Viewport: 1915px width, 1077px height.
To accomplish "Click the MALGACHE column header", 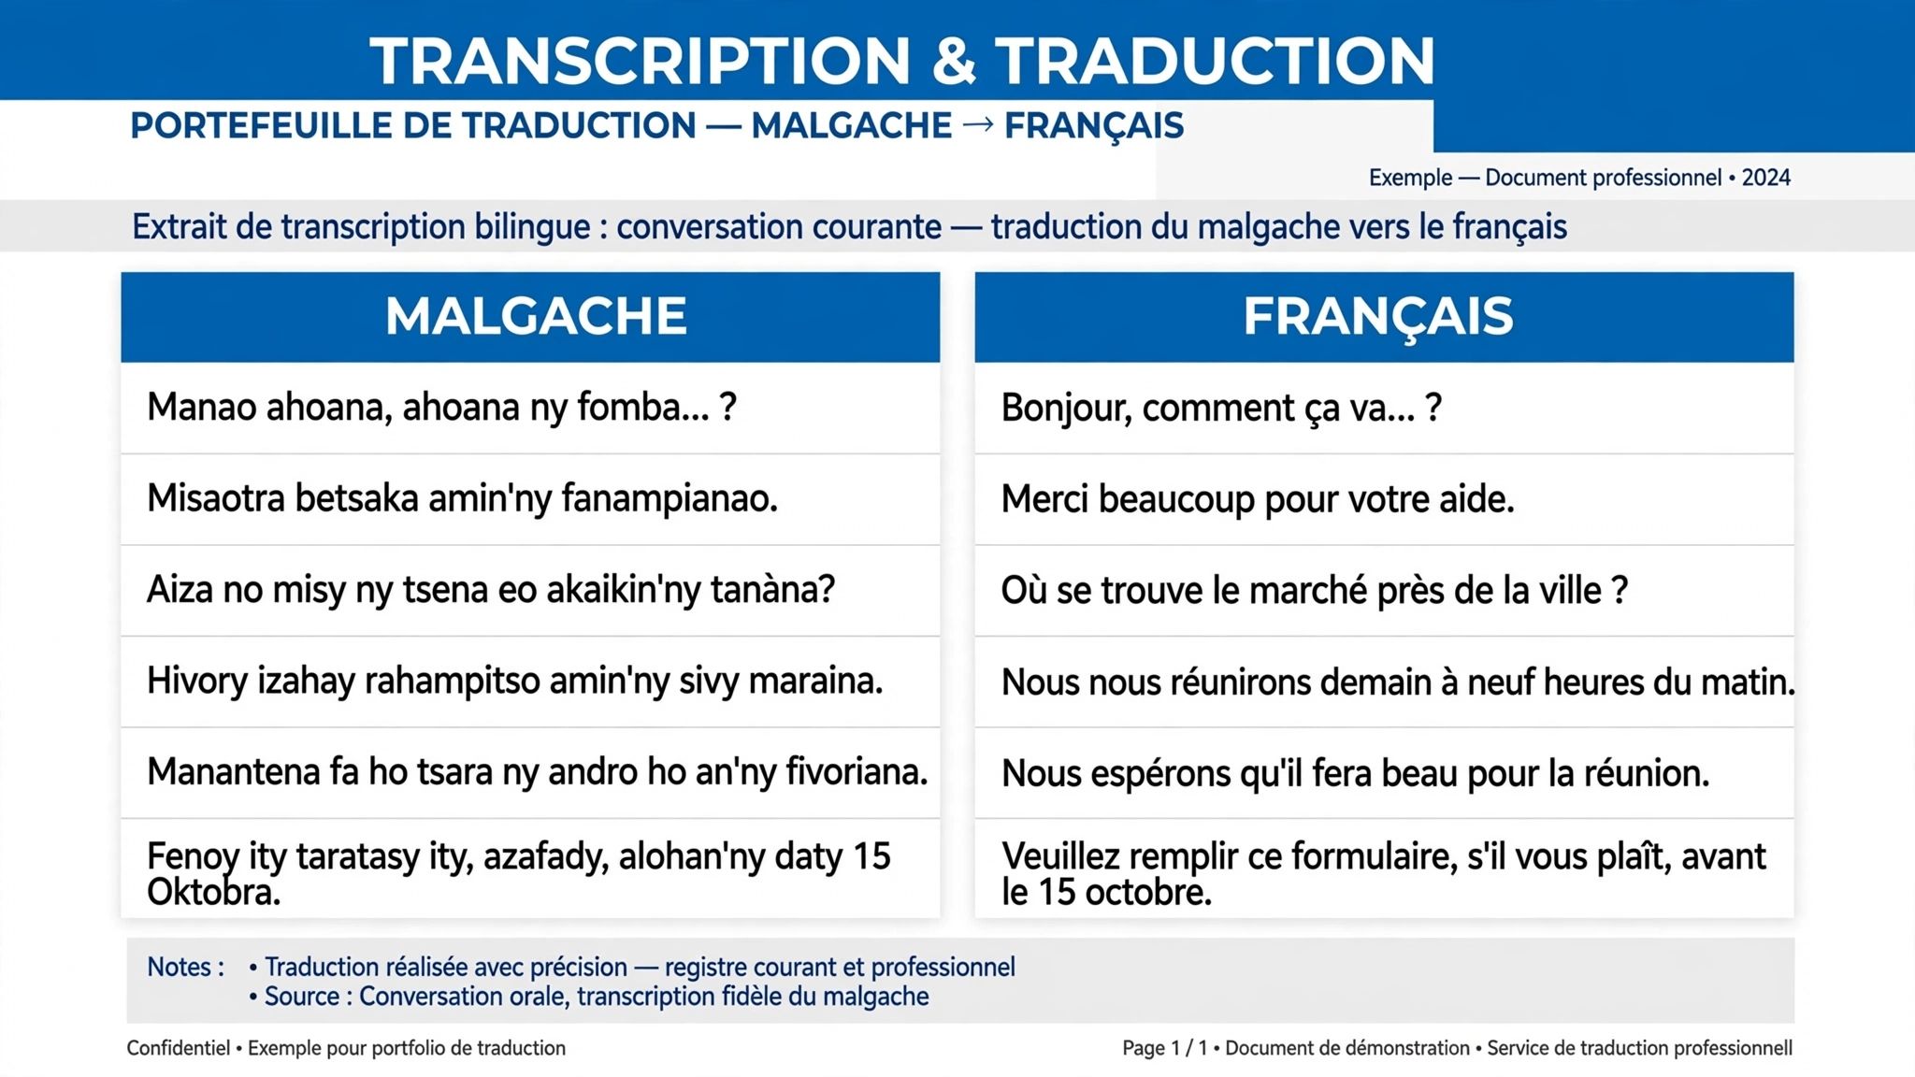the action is (x=536, y=316).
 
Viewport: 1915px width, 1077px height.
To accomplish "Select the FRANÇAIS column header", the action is (x=1377, y=317).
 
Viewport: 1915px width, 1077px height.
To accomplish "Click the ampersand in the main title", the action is (x=953, y=61).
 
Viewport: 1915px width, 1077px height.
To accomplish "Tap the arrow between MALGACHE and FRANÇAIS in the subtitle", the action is (x=977, y=124).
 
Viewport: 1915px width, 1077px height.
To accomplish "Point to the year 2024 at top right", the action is (x=1765, y=178).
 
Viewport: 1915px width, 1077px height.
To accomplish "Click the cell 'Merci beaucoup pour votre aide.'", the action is (x=1257, y=499).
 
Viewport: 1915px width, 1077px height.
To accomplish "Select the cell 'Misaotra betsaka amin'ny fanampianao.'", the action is (x=462, y=498).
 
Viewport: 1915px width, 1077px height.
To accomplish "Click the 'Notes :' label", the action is (x=185, y=967).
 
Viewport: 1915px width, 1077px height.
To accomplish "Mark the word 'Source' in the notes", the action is (x=301, y=997).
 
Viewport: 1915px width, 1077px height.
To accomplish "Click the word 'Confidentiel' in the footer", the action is (x=179, y=1048).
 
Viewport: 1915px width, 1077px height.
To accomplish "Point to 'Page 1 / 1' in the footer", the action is (x=1164, y=1048).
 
